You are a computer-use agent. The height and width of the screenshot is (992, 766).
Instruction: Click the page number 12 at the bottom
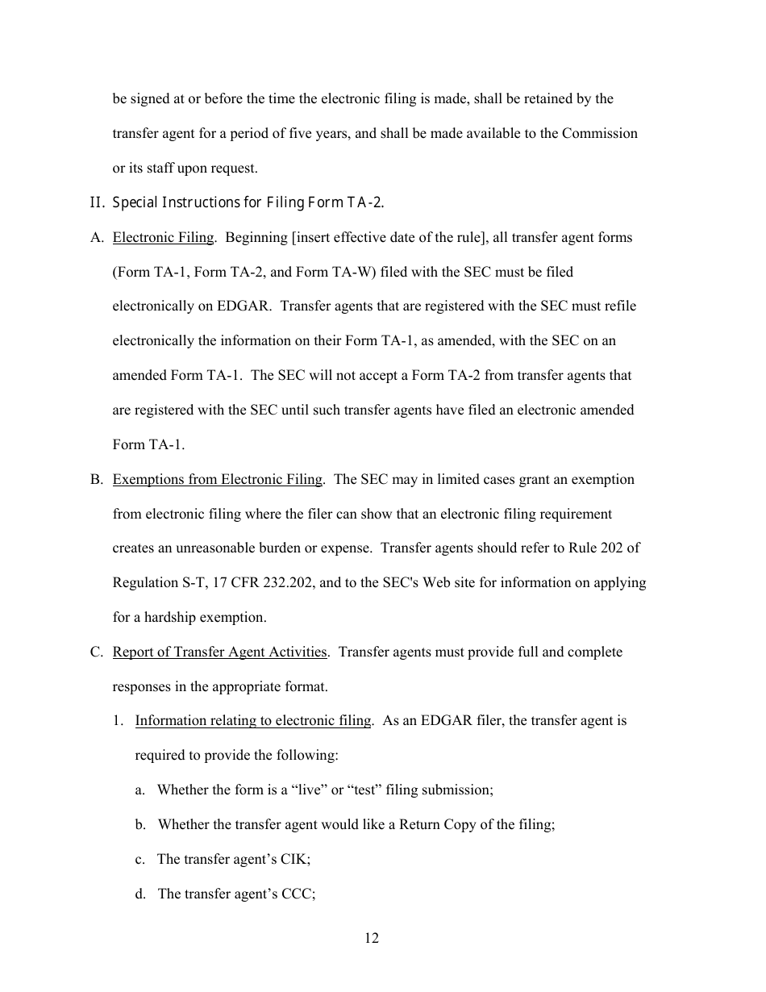371,938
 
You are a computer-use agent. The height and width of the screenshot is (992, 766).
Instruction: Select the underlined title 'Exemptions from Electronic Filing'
217,479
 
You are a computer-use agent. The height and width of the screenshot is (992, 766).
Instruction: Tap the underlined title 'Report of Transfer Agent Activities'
219,652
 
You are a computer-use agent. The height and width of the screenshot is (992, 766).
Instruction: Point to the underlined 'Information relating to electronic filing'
253,720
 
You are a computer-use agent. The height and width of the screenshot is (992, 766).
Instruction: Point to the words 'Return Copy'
436,824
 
